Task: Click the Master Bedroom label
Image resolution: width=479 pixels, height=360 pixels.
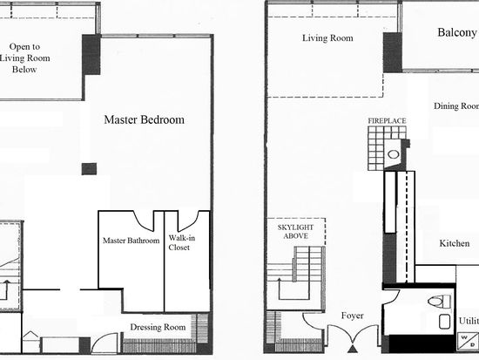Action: pos(145,119)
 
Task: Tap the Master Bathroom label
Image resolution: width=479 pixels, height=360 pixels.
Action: pos(131,241)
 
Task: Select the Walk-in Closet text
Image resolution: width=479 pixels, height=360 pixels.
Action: pos(182,242)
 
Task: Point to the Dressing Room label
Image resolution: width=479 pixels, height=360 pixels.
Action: pos(158,327)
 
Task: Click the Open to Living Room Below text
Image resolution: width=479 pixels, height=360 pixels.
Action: pos(24,58)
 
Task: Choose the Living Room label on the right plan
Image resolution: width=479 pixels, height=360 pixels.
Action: pos(327,38)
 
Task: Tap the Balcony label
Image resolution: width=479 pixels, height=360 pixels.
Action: pos(457,32)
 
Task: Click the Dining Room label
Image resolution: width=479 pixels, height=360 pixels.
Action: pos(456,105)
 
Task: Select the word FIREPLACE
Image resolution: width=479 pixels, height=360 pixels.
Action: pos(387,121)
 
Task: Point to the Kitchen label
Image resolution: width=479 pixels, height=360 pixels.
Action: pos(455,243)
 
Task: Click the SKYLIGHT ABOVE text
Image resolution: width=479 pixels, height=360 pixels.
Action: pos(295,232)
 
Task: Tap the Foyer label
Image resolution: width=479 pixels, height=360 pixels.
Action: pos(352,316)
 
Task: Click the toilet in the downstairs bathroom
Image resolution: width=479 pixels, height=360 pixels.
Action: pos(439,302)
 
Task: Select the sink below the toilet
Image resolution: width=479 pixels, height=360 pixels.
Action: pos(444,322)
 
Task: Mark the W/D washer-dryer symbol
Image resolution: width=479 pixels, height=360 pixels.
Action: pos(468,341)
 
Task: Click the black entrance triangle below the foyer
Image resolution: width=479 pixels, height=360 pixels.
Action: pos(353,349)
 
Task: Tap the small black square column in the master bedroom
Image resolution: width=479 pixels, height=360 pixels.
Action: pos(89,169)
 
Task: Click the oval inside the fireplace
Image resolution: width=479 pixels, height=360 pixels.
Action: pos(393,154)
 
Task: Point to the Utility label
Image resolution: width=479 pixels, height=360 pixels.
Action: pos(469,321)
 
